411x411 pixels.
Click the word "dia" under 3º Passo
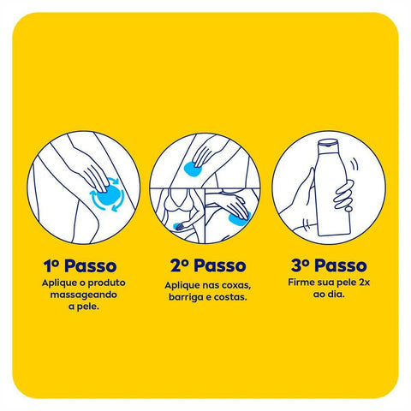(x=335, y=295)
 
